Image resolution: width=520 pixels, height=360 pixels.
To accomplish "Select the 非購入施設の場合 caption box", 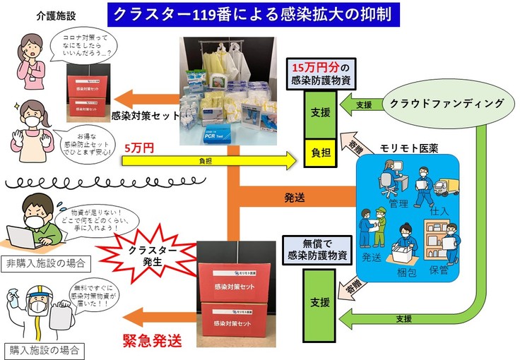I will click(45, 264).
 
